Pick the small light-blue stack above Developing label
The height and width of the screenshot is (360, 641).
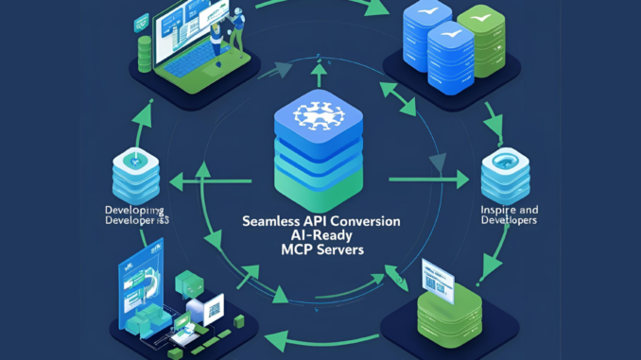pos(134,171)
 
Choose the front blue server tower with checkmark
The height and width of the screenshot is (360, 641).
pos(450,57)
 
